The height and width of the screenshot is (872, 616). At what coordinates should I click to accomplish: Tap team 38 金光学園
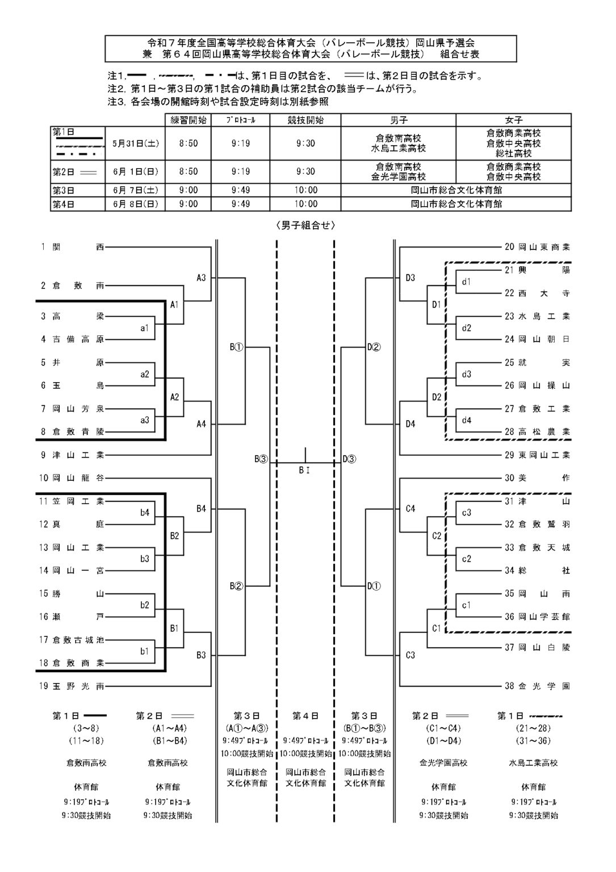(x=537, y=686)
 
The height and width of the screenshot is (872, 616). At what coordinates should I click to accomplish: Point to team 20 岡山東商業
(x=537, y=247)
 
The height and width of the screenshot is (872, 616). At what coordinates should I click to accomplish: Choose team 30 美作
(x=537, y=478)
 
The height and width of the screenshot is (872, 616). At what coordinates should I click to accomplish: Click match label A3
(x=201, y=278)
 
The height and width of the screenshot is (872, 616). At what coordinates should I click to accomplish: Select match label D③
(x=349, y=459)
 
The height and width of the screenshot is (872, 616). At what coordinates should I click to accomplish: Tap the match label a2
(x=145, y=374)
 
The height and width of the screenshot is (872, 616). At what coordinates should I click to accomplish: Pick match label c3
(x=467, y=513)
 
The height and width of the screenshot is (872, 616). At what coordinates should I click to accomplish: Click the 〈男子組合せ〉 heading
(x=305, y=226)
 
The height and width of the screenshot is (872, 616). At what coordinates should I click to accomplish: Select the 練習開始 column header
(x=188, y=120)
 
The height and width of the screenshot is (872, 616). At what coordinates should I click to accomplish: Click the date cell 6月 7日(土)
(x=135, y=190)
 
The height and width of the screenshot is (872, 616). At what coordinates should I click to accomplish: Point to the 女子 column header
(x=513, y=120)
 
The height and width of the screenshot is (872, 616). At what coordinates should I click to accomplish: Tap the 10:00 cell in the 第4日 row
(x=305, y=204)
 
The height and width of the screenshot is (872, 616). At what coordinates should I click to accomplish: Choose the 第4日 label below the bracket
(x=305, y=716)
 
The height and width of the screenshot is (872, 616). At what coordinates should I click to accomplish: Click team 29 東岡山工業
(x=537, y=455)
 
